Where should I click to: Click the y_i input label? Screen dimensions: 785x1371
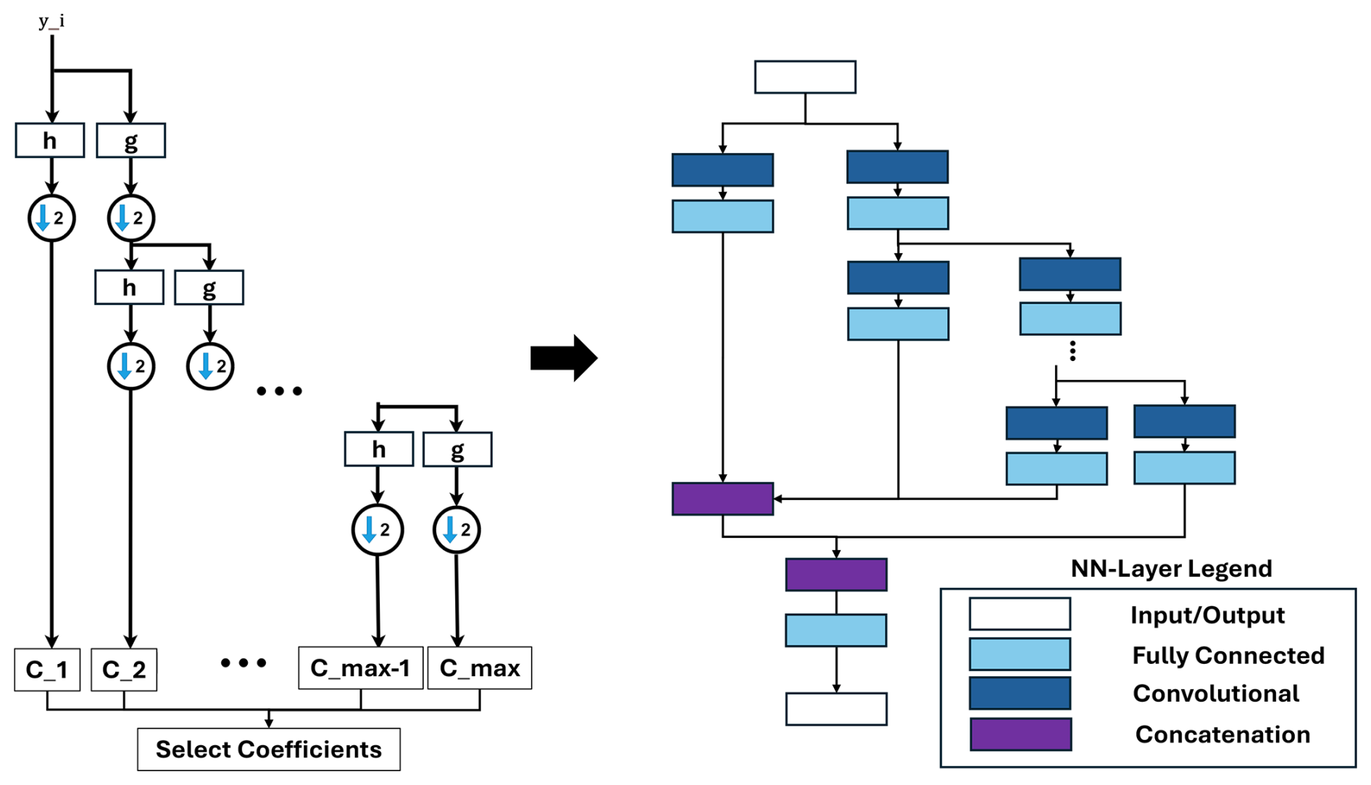click(51, 21)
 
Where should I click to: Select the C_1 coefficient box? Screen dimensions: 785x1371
click(47, 669)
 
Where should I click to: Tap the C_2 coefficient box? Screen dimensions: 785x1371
click(124, 669)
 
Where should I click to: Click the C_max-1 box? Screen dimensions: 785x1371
click(360, 668)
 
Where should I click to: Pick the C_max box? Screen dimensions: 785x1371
click(480, 668)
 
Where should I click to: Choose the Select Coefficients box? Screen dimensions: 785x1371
click(269, 749)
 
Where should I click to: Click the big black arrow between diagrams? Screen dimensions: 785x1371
click(564, 357)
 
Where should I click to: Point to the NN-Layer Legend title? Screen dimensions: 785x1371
click(1171, 568)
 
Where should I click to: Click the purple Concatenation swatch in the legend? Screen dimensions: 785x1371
click(1020, 734)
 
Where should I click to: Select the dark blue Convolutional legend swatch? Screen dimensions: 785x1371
click(1020, 693)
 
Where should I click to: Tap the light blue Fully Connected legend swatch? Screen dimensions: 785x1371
click(1020, 654)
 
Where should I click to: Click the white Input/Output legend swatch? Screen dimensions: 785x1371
click(1020, 614)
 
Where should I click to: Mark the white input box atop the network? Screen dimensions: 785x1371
click(805, 77)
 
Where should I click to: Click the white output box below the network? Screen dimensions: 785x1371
click(836, 709)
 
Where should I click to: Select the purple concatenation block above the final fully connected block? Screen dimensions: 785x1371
click(836, 574)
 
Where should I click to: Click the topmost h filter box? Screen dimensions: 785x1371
click(50, 140)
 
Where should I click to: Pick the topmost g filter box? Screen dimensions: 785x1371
click(131, 141)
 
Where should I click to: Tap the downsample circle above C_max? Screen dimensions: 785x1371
click(457, 530)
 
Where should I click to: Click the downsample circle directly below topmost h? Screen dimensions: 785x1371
click(51, 217)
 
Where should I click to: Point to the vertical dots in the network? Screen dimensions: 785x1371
click(1072, 351)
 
